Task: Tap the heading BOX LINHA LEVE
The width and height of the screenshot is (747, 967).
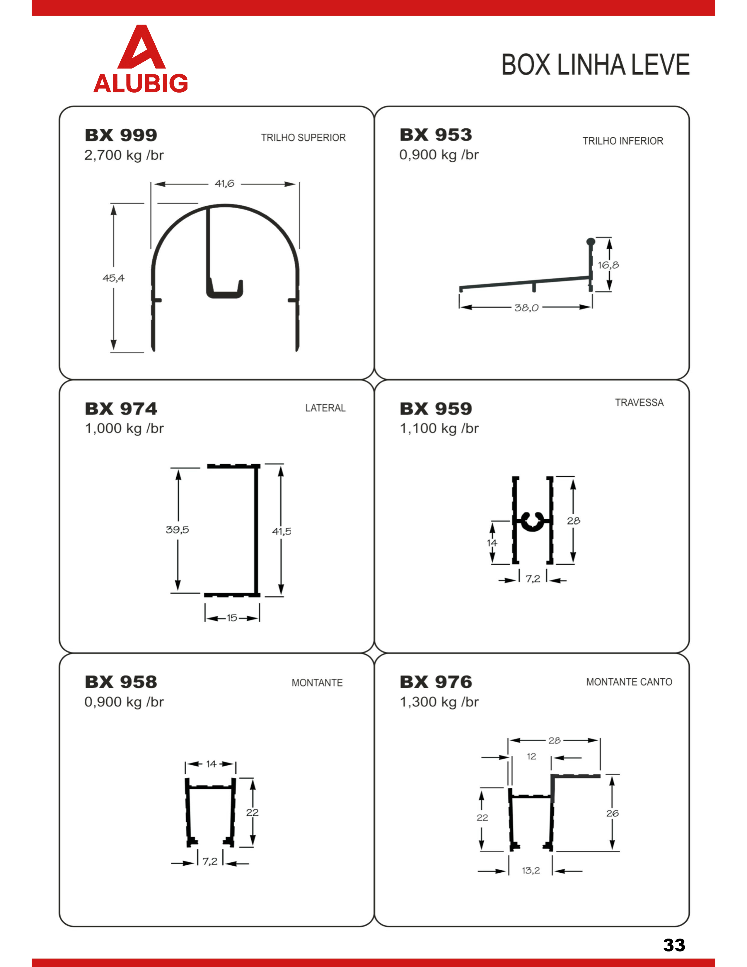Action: click(595, 65)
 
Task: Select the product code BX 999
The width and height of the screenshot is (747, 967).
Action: click(121, 135)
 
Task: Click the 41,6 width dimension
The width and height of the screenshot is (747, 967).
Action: click(224, 183)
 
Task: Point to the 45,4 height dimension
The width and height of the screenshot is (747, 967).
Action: click(114, 278)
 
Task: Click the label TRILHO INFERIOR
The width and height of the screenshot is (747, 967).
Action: click(623, 141)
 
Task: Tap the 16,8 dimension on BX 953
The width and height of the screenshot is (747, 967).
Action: click(608, 265)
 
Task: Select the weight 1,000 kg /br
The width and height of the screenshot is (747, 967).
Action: click(124, 429)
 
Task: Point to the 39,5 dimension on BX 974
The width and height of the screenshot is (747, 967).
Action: click(178, 530)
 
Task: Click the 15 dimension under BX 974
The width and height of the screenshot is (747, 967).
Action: click(232, 618)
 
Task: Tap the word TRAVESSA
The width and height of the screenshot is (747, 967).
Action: click(639, 402)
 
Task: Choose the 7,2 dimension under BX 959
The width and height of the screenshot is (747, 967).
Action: click(533, 579)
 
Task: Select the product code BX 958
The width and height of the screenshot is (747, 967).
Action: click(121, 682)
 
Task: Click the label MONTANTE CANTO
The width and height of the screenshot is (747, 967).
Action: click(629, 682)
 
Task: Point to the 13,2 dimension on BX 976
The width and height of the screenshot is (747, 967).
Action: click(531, 871)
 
